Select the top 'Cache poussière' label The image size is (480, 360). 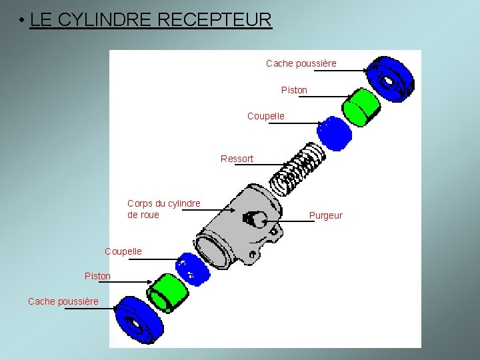[301, 63]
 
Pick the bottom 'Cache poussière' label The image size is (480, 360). [63, 301]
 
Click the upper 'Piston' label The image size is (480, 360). [294, 90]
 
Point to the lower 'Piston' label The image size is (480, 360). [97, 276]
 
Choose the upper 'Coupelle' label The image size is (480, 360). [265, 116]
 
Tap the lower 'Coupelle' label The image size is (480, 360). [123, 251]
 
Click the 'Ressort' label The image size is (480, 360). [237, 159]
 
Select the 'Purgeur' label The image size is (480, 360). [325, 215]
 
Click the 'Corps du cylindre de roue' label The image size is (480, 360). [163, 209]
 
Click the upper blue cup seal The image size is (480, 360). [334, 134]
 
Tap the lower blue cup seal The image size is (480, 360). [192, 268]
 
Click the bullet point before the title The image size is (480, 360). [22, 21]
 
